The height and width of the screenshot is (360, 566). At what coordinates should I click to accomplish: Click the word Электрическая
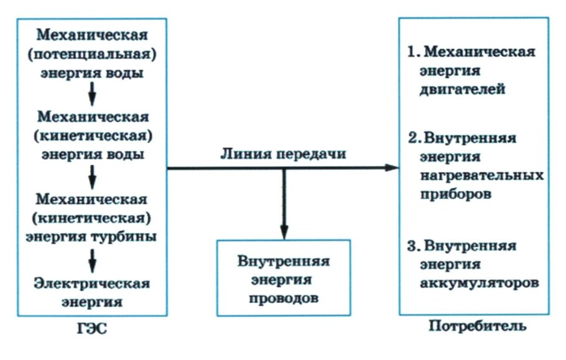point(93,284)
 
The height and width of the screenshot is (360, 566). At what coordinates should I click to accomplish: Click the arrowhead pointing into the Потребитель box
point(392,167)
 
